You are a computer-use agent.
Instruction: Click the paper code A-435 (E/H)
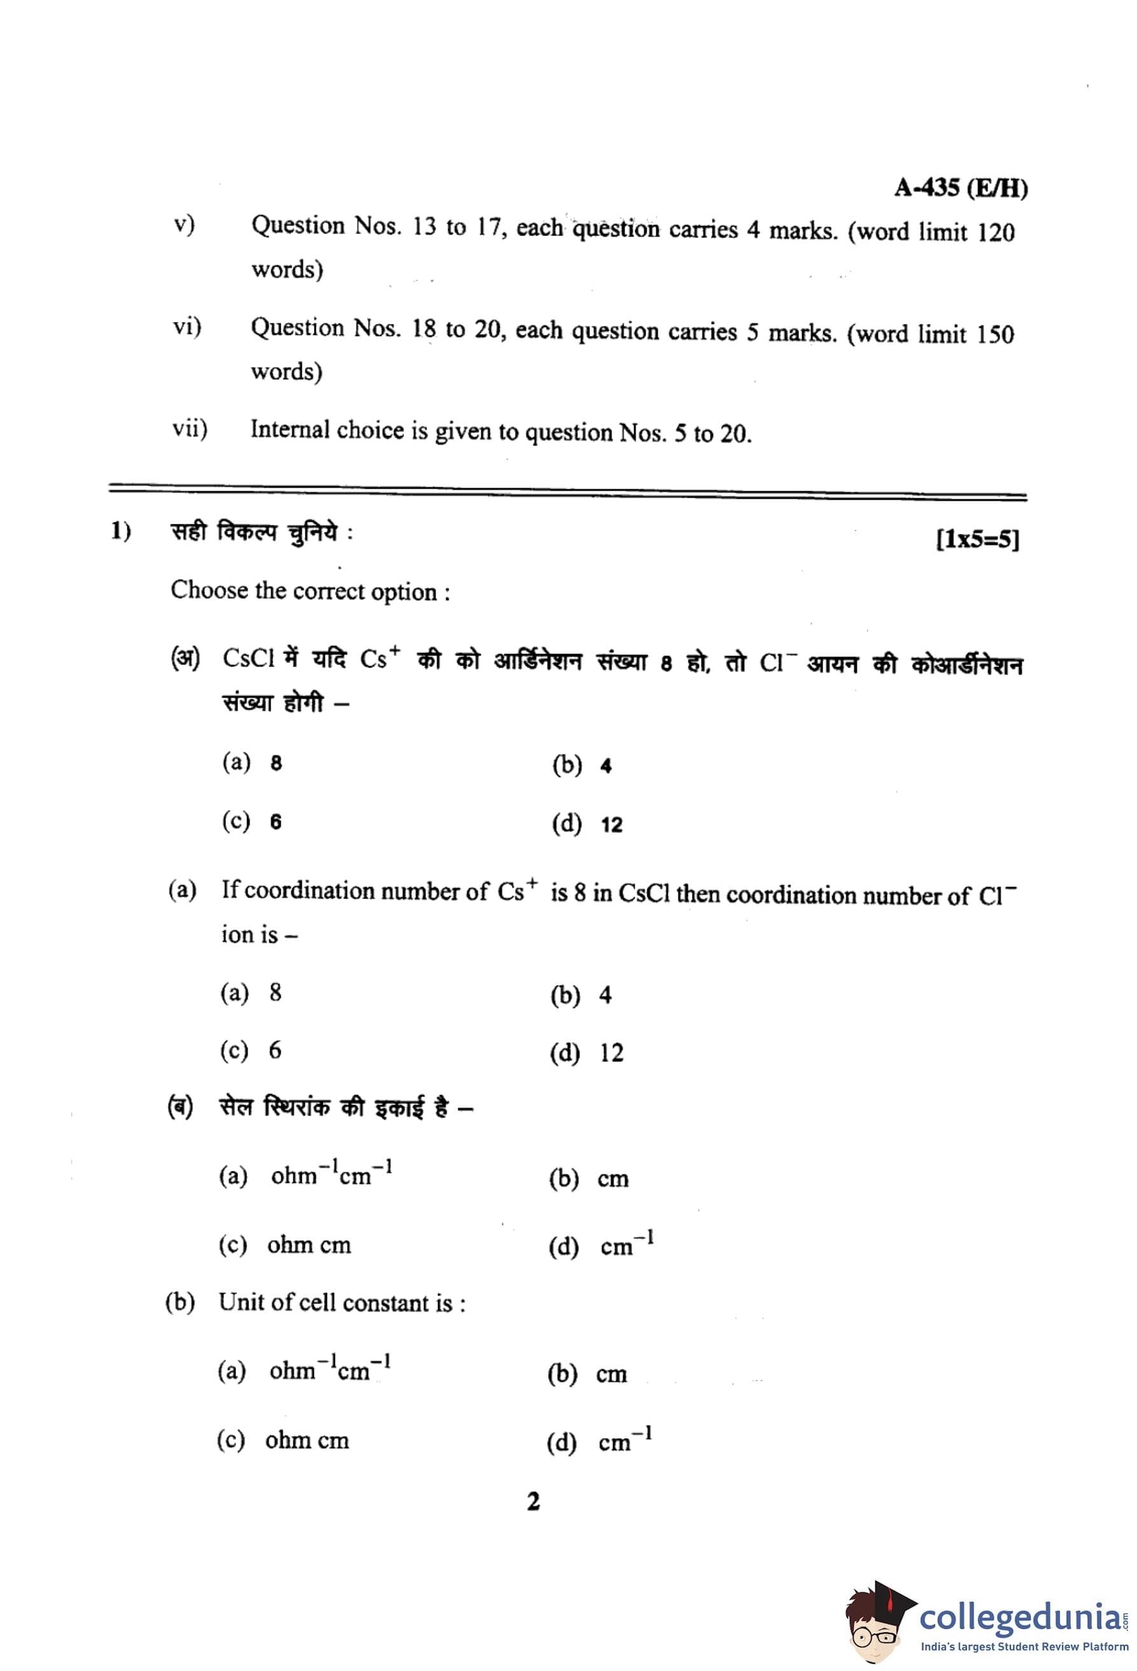(960, 188)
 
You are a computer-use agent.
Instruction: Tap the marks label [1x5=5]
(977, 539)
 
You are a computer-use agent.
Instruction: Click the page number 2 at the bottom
(533, 1502)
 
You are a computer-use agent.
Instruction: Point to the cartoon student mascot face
(872, 1628)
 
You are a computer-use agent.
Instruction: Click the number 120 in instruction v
(995, 233)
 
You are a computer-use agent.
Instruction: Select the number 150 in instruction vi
(994, 335)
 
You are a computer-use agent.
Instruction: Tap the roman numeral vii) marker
(190, 430)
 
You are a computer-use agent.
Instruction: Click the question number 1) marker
(121, 532)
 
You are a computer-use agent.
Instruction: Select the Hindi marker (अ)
(185, 658)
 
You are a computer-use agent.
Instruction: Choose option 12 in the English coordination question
(611, 1053)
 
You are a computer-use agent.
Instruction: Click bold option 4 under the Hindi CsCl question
(605, 767)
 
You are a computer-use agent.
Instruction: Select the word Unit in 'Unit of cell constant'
(243, 1303)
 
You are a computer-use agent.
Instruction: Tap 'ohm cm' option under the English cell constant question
(307, 1441)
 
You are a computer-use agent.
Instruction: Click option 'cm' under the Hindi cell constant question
(612, 1179)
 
